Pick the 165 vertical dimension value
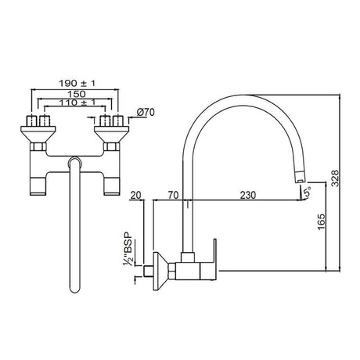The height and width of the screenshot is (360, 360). [x=314, y=222]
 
